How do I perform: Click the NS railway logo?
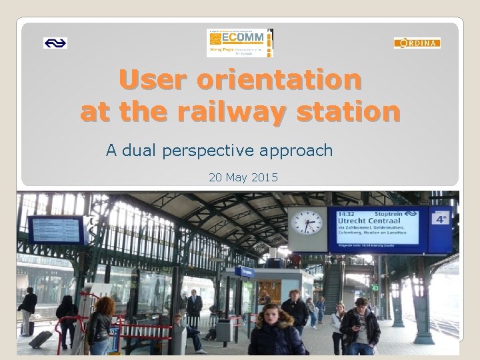click(x=55, y=43)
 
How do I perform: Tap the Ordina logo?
click(x=417, y=43)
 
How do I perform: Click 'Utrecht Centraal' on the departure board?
click(x=368, y=219)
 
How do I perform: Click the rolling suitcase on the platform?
click(x=41, y=339)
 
